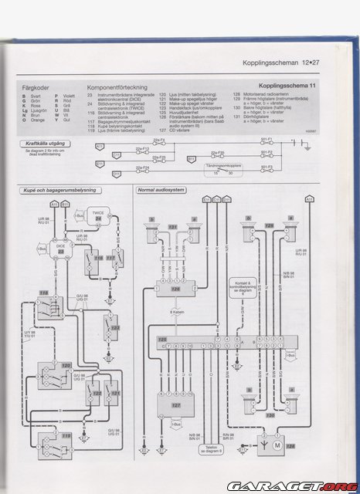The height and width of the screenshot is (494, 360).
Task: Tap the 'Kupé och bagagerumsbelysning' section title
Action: tap(55, 190)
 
